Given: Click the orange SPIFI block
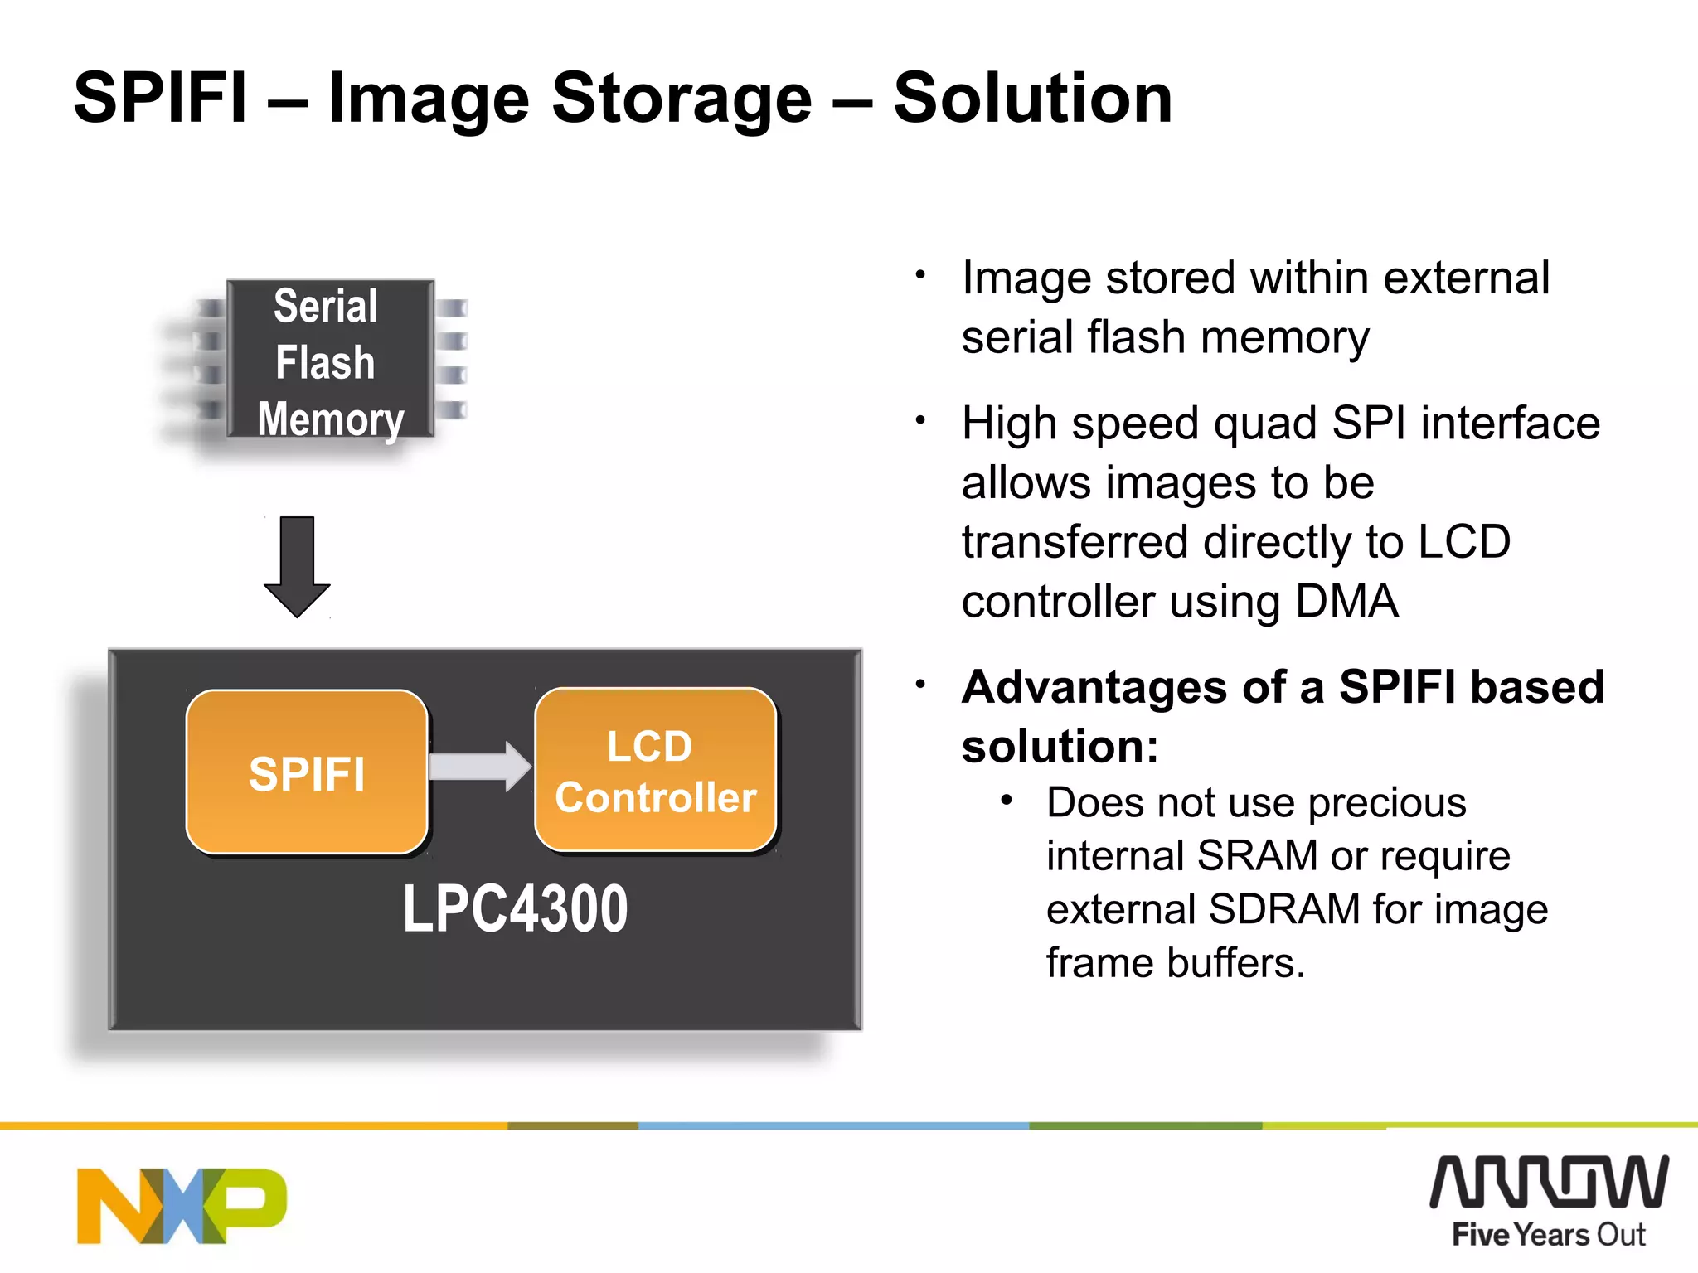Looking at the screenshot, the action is [307, 772].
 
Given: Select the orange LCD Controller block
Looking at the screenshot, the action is [656, 770].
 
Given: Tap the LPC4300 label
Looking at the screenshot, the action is [515, 909].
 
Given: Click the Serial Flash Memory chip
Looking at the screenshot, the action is [330, 360].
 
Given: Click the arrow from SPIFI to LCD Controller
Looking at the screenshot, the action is [480, 767].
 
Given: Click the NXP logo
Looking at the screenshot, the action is [182, 1206].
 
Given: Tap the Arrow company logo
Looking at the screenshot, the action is [1549, 1182].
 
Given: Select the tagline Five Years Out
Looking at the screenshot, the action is [1549, 1235].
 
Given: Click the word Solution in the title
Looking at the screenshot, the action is [1032, 98].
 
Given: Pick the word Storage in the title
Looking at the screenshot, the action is [682, 98].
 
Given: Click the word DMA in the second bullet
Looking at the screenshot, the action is [1346, 601].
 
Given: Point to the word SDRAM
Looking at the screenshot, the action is [1284, 909].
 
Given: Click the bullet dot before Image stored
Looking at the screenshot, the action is [920, 274].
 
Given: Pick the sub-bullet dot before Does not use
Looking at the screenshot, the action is [1007, 801].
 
